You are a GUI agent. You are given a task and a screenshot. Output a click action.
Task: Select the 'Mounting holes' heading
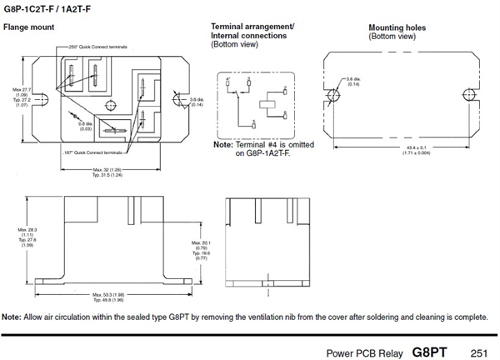pyautogui.click(x=397, y=28)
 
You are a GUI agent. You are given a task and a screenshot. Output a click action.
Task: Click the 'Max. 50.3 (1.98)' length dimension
pyautogui.click(x=110, y=294)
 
